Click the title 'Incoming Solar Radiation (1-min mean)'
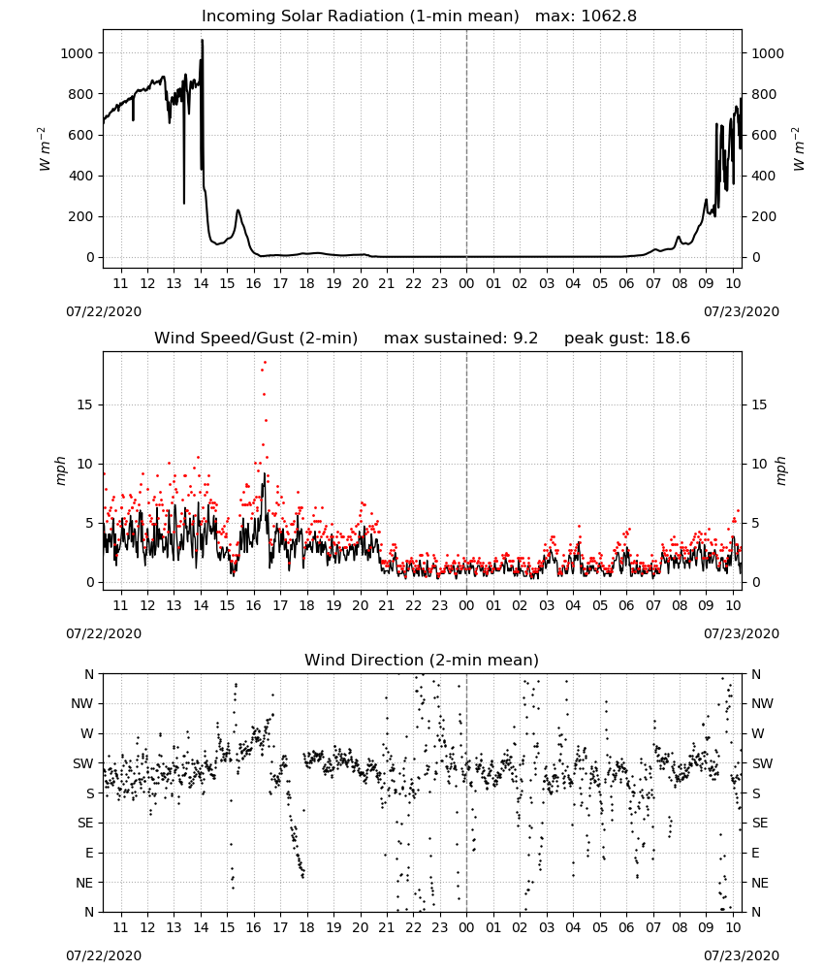pyautogui.click(x=361, y=16)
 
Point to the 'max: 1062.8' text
pyautogui.click(x=586, y=16)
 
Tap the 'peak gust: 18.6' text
pyautogui.click(x=627, y=339)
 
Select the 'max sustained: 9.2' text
pyautogui.click(x=460, y=339)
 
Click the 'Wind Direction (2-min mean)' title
pyautogui.click(x=422, y=660)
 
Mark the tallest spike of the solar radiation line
pyautogui.click(x=203, y=40)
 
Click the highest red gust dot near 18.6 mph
pyautogui.click(x=266, y=363)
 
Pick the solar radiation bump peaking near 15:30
pyautogui.click(x=238, y=210)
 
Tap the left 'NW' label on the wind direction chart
pyautogui.click(x=82, y=704)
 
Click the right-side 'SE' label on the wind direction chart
pyautogui.click(x=760, y=824)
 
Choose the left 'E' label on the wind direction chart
pyautogui.click(x=89, y=853)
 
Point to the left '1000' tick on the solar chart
pyautogui.click(x=77, y=53)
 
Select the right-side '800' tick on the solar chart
pyautogui.click(x=764, y=95)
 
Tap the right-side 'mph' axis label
pyautogui.click(x=780, y=470)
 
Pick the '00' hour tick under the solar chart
pyautogui.click(x=466, y=284)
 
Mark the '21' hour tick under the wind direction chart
pyautogui.click(x=387, y=928)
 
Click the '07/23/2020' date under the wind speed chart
pyautogui.click(x=742, y=634)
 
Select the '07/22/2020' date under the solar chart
pyautogui.click(x=104, y=312)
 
